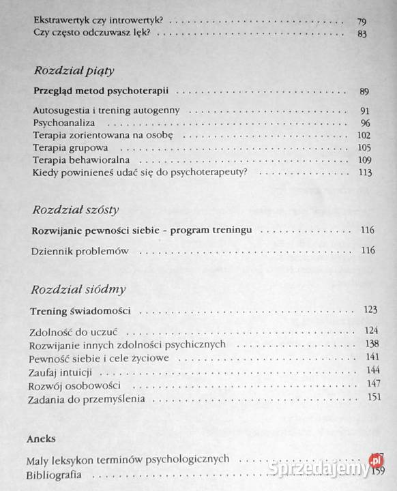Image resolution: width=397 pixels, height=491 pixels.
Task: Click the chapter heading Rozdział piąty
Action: click(x=73, y=70)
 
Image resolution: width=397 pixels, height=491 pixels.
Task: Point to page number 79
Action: click(x=362, y=21)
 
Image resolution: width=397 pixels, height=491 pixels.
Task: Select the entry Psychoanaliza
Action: click(x=63, y=123)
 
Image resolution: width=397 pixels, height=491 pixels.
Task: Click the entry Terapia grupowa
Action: click(x=71, y=147)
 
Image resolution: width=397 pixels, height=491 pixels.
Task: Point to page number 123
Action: click(x=370, y=310)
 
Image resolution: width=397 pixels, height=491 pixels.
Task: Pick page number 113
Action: click(x=364, y=172)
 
